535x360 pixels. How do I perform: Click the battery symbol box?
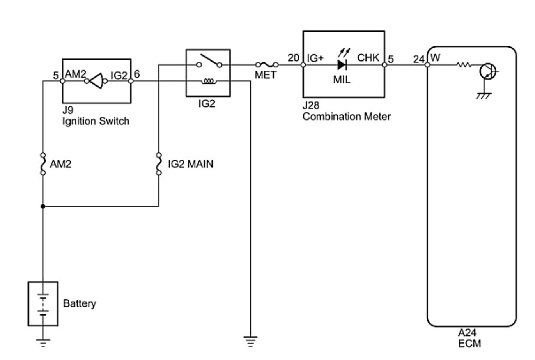(x=43, y=303)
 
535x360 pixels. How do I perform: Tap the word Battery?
(x=79, y=304)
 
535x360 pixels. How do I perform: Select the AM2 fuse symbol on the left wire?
(x=43, y=164)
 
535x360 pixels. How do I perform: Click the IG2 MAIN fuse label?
(x=190, y=164)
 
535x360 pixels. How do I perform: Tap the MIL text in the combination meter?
(x=342, y=79)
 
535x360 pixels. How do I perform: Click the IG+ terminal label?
(x=317, y=58)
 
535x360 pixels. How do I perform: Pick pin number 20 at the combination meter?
(x=293, y=58)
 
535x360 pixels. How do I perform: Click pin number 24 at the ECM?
(x=418, y=58)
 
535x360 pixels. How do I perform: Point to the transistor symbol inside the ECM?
(x=488, y=72)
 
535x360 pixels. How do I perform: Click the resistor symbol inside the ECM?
(x=464, y=65)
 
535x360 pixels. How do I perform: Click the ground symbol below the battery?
(x=43, y=341)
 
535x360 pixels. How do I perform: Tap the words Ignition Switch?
(x=96, y=121)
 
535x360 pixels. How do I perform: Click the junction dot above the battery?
(x=43, y=207)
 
